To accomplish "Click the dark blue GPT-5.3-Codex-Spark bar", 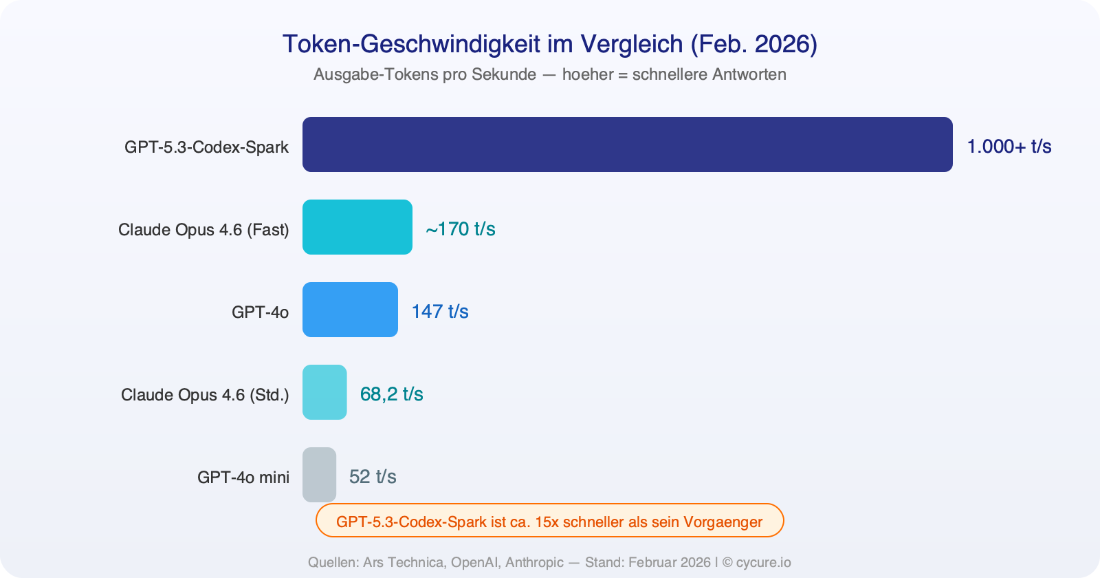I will [x=627, y=144].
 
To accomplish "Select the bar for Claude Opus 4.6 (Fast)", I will [x=357, y=227].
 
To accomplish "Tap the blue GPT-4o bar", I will [x=350, y=310].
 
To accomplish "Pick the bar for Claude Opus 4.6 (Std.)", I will [x=324, y=392].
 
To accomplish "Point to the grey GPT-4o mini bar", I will [x=319, y=475].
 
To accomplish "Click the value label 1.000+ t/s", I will [x=1009, y=147].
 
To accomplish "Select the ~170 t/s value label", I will [x=460, y=229].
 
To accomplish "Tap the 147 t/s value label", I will [x=440, y=312].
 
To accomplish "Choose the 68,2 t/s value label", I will [x=391, y=394].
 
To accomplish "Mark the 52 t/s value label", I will [x=373, y=477].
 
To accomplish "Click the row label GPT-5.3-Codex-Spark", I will [x=206, y=147].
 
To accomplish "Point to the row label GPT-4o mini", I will [x=243, y=478].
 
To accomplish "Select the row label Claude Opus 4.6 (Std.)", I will [x=205, y=395].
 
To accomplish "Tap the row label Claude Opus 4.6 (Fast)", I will [x=203, y=230].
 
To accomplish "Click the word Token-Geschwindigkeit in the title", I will [x=411, y=44].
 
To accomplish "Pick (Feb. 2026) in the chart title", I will [x=753, y=44].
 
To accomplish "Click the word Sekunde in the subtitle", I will [x=503, y=74].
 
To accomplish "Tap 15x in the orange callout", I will [x=547, y=522].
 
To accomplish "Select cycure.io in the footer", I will [x=763, y=562].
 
